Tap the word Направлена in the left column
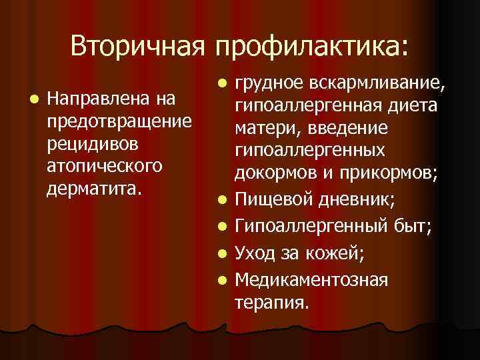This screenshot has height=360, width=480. pos(97,101)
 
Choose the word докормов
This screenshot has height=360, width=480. pos(279,173)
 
